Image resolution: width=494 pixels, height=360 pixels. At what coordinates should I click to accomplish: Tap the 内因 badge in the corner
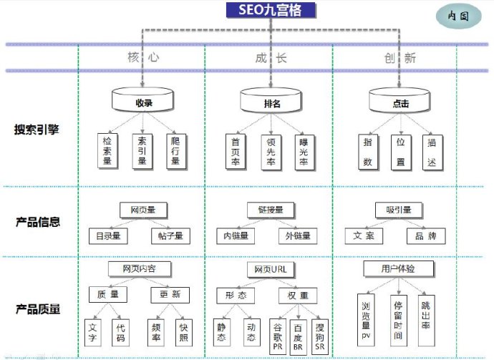(x=458, y=16)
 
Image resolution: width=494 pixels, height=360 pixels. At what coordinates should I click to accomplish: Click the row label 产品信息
(x=37, y=221)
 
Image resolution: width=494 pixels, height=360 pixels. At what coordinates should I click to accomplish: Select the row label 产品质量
(x=37, y=309)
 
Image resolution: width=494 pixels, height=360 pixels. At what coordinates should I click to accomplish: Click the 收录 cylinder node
(x=144, y=102)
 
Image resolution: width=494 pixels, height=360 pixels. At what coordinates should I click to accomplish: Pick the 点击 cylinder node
(x=400, y=102)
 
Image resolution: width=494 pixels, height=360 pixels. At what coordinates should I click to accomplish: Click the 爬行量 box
(x=175, y=151)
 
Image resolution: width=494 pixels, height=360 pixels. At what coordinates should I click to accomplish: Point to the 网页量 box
(x=143, y=210)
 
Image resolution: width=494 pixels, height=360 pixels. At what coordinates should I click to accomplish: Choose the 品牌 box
(x=425, y=235)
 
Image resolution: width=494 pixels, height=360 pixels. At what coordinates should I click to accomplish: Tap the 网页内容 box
(x=142, y=269)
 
